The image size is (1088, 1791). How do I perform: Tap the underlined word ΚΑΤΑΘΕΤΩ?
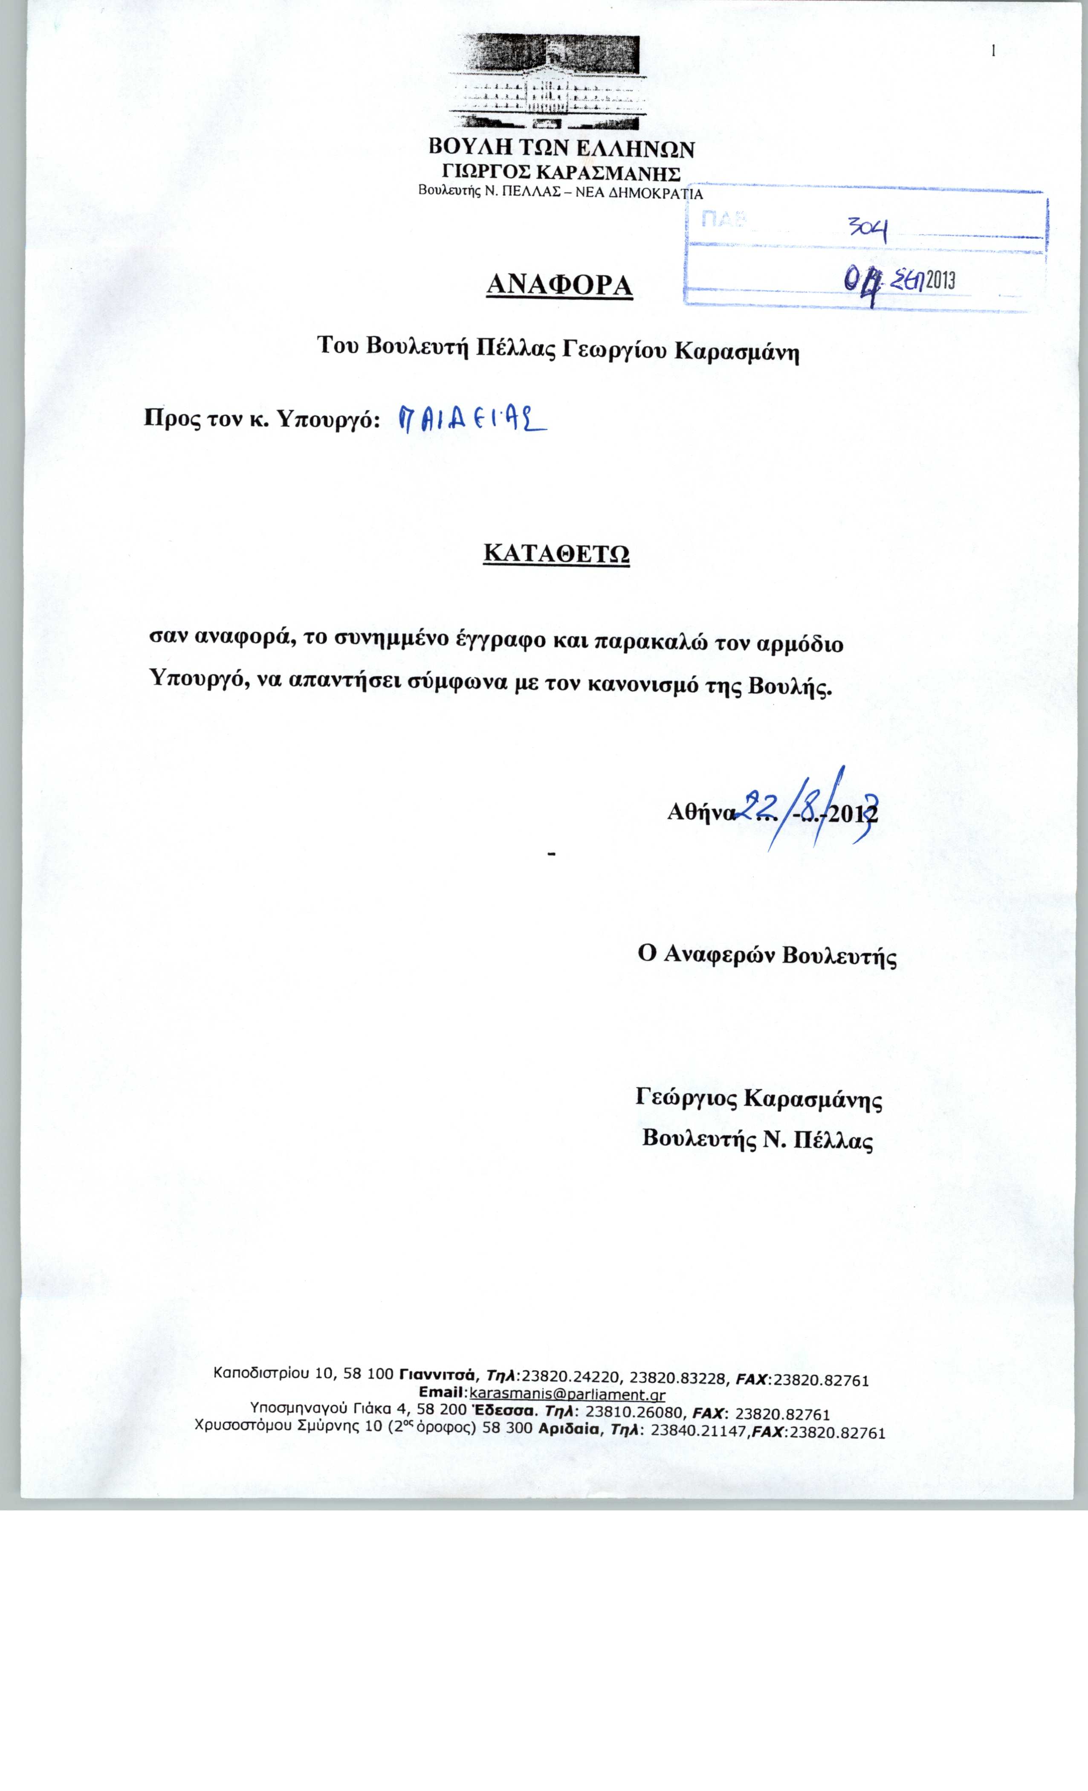(556, 554)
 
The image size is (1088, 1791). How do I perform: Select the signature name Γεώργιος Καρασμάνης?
(759, 1098)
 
